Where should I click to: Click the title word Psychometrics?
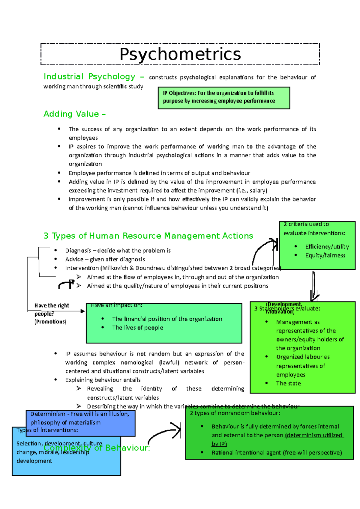pos(180,54)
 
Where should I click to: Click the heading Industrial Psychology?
pos(89,77)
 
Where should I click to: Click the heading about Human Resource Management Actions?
pos(148,236)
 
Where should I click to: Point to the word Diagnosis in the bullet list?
pos(78,251)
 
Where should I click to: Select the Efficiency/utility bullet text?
pos(327,247)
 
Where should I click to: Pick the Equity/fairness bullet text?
pos(325,255)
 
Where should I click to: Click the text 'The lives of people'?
pos(137,328)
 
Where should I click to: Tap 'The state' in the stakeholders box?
pos(288,383)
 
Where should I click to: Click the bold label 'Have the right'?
pos(52,305)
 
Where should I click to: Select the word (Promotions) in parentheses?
pos(50,322)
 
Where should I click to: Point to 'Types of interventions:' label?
pos(47,430)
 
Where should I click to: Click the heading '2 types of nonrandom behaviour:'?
pos(235,413)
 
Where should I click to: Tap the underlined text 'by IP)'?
pos(219,444)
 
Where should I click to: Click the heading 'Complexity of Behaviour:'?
pos(97,448)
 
